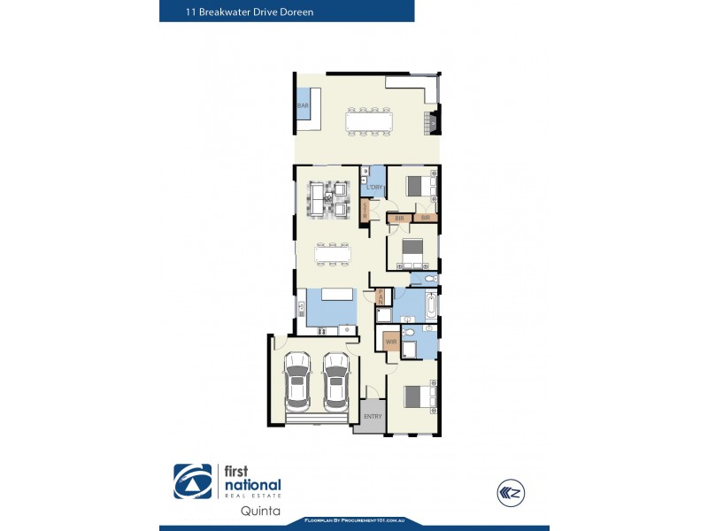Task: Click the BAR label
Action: click(x=303, y=106)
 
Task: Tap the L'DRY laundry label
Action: click(x=373, y=188)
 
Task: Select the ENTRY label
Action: click(x=373, y=416)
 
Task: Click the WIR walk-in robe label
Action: click(x=389, y=342)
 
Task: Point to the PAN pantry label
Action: click(x=380, y=296)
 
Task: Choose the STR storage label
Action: click(x=365, y=211)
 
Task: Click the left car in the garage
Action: click(x=296, y=380)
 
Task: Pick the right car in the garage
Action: click(x=335, y=380)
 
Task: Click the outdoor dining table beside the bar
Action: click(x=368, y=119)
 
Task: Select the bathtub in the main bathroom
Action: click(x=430, y=306)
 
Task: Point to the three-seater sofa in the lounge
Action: click(x=316, y=198)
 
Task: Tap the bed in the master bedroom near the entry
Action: click(x=417, y=395)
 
